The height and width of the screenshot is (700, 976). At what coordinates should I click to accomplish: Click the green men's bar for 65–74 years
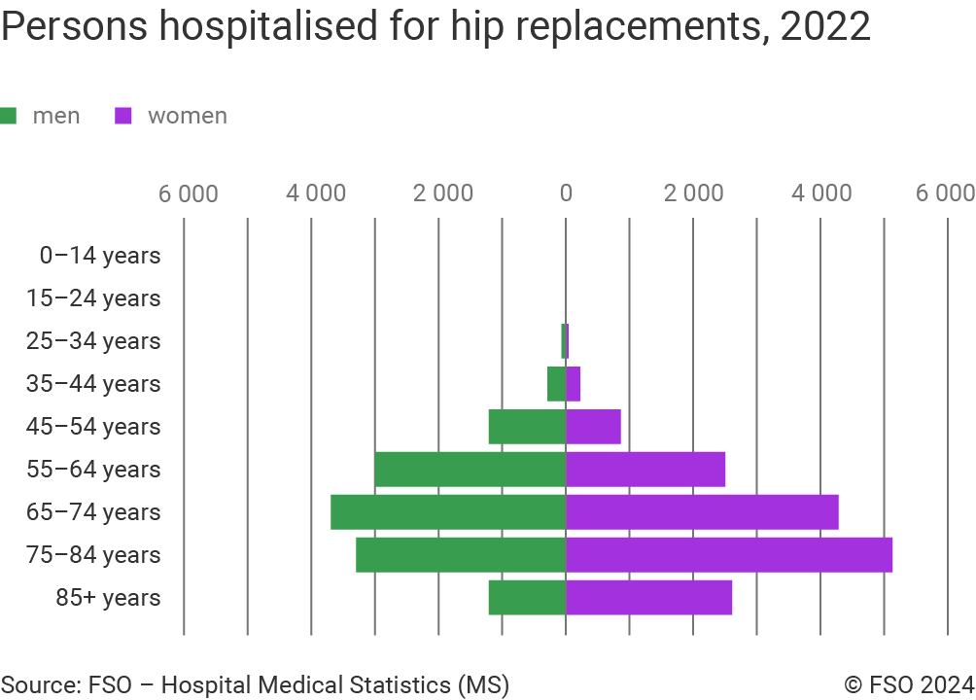[x=448, y=512]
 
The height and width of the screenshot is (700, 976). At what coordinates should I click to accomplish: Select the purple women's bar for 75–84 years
[x=729, y=555]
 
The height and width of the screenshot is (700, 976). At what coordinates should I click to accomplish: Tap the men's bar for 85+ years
[x=527, y=598]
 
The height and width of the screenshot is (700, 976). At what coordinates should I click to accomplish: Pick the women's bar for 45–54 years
[x=593, y=427]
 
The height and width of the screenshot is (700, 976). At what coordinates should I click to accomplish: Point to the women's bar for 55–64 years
[x=645, y=470]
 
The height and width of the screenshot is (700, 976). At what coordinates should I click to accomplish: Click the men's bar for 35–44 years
[x=556, y=384]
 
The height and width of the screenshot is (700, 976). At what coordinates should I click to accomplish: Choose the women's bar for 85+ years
[x=649, y=598]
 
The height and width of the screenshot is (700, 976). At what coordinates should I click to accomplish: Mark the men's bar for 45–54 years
[x=527, y=427]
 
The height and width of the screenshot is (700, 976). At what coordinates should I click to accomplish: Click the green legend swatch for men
[x=9, y=116]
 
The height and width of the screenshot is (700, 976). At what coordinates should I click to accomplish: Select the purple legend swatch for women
[x=123, y=116]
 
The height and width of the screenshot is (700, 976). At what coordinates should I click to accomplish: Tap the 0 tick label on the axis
[x=566, y=192]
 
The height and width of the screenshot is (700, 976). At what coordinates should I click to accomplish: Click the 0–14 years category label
[x=99, y=256]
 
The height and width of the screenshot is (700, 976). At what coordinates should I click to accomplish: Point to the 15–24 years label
[x=93, y=298]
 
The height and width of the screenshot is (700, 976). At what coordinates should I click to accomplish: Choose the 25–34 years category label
[x=93, y=341]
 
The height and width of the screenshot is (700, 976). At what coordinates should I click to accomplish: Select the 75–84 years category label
[x=93, y=555]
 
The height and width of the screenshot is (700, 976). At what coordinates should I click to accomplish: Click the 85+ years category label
[x=107, y=598]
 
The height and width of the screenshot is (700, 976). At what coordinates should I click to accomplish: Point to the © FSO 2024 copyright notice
[x=909, y=684]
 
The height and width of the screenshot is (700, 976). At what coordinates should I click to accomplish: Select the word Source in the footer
[x=38, y=684]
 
